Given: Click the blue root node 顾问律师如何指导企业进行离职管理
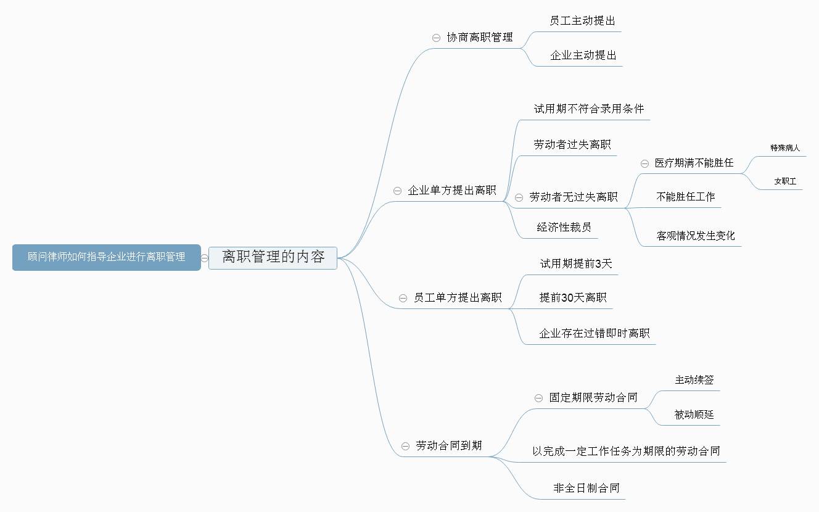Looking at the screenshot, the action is (x=107, y=257).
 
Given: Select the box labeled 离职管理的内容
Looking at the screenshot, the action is (x=273, y=258).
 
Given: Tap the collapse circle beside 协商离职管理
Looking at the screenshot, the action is (x=436, y=38).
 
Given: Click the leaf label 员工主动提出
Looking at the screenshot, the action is (x=582, y=20).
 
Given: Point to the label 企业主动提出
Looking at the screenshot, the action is (x=583, y=56).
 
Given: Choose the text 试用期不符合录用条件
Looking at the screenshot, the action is (x=588, y=109).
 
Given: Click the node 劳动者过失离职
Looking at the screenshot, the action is (x=572, y=144).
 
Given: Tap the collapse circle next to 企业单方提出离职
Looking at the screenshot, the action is (x=397, y=191).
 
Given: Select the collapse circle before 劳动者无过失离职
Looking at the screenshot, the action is (x=519, y=198).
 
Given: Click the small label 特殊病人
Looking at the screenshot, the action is (x=785, y=148).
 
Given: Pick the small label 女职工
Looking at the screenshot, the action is (x=785, y=181).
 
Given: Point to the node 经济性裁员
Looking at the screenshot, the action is (x=564, y=227).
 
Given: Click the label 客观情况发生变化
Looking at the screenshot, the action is (x=696, y=236).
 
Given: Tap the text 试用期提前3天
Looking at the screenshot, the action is (x=576, y=263).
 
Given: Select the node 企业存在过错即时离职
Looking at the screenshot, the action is (x=594, y=333).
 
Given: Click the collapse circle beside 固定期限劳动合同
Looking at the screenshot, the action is (x=538, y=398).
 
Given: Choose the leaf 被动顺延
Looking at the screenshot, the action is (x=694, y=415).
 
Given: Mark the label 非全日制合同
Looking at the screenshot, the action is (x=586, y=488).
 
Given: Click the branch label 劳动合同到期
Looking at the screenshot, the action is (x=448, y=445).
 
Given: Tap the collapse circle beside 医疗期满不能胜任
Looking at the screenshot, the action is (x=644, y=163).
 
